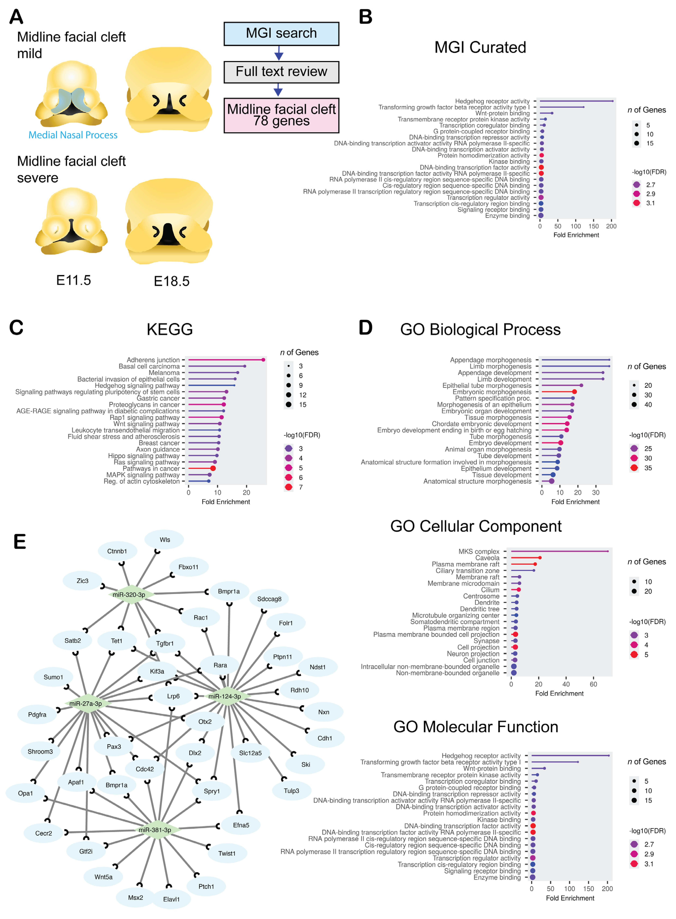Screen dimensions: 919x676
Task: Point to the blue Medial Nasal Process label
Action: pyautogui.click(x=73, y=135)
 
